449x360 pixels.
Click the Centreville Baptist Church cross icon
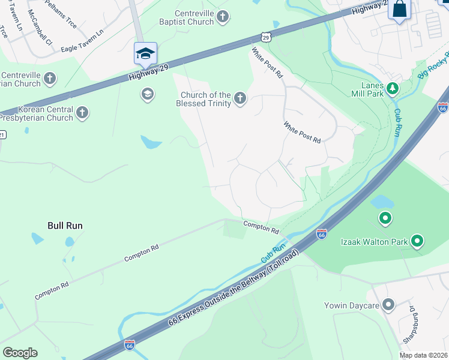[223, 17]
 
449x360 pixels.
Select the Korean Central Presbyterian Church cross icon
[82, 112]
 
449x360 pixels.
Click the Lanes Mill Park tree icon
[393, 89]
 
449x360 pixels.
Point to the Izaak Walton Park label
[374, 242]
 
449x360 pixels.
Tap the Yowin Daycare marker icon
[389, 305]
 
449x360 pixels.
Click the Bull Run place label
[65, 226]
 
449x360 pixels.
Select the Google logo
[20, 352]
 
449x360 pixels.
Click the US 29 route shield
[267, 37]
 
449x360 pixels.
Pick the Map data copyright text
[423, 355]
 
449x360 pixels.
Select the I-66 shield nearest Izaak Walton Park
[321, 235]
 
